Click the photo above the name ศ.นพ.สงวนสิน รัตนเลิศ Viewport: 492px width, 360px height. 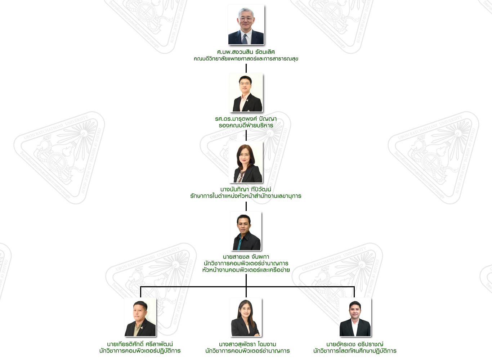[x=246, y=25]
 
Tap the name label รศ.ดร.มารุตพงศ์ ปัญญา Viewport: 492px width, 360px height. [x=246, y=119]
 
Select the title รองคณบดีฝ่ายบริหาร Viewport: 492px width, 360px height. [x=246, y=125]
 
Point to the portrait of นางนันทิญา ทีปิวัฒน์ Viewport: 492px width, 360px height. [x=246, y=162]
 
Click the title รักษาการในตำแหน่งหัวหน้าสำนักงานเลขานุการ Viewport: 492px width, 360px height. [x=246, y=196]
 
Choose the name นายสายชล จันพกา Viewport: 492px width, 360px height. [x=246, y=257]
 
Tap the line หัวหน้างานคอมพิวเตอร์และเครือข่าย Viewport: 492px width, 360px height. [x=246, y=270]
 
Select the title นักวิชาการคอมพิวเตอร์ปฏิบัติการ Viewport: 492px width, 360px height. [x=140, y=351]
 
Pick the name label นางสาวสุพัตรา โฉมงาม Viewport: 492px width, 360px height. [x=247, y=344]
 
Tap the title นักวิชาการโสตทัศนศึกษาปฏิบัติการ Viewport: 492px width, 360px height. [x=355, y=351]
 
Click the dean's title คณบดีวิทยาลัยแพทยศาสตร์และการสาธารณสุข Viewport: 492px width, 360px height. [x=246, y=59]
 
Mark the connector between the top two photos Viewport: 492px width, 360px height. [x=246, y=68]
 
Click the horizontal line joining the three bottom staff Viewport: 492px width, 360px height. [x=194, y=287]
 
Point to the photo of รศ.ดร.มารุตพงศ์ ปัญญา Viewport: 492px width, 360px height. [x=246, y=93]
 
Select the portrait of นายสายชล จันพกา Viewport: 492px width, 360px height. [x=246, y=231]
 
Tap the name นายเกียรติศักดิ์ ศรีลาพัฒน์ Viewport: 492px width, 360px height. [x=140, y=344]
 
